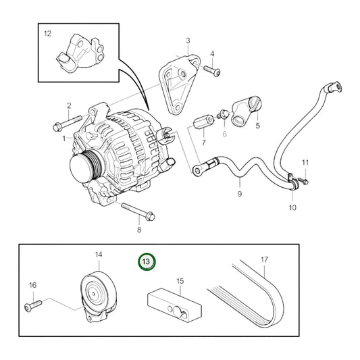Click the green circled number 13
pos(147,261)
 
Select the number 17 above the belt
pos(265,259)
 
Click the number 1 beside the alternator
pos(65,138)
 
